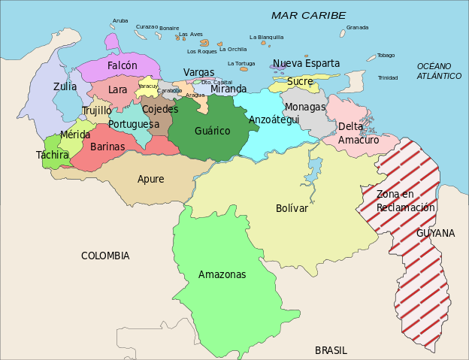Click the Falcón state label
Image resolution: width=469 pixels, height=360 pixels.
pos(122,66)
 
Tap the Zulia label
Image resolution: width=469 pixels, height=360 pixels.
pos(65,86)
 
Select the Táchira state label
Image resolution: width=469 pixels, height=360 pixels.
pos(52,155)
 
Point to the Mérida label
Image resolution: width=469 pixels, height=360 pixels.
pos(75,135)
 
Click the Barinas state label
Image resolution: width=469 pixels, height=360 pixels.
pos(107,147)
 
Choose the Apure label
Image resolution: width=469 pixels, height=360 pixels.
pos(150,178)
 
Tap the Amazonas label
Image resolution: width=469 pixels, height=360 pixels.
pos(222,274)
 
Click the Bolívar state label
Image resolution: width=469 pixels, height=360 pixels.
pos(292,208)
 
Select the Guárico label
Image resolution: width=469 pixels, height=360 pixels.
pos(213,131)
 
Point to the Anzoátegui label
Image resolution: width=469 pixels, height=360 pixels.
pos(274,119)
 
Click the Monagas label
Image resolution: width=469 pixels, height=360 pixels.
pos(305,107)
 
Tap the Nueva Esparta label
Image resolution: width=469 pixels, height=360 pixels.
pos(306,63)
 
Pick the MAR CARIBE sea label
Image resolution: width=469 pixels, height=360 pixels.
pos(308,15)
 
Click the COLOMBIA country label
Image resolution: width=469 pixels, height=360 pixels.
pos(105,256)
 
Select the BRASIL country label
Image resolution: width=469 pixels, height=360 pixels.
pos(331,350)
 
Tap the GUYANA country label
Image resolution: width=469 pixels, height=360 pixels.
pos(436,233)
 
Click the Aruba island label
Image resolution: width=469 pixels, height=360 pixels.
pos(120,21)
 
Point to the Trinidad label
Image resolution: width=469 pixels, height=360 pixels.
pos(388,77)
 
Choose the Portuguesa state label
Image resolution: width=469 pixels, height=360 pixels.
pos(133,124)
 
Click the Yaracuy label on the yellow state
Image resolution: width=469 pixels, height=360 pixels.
pos(148,86)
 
